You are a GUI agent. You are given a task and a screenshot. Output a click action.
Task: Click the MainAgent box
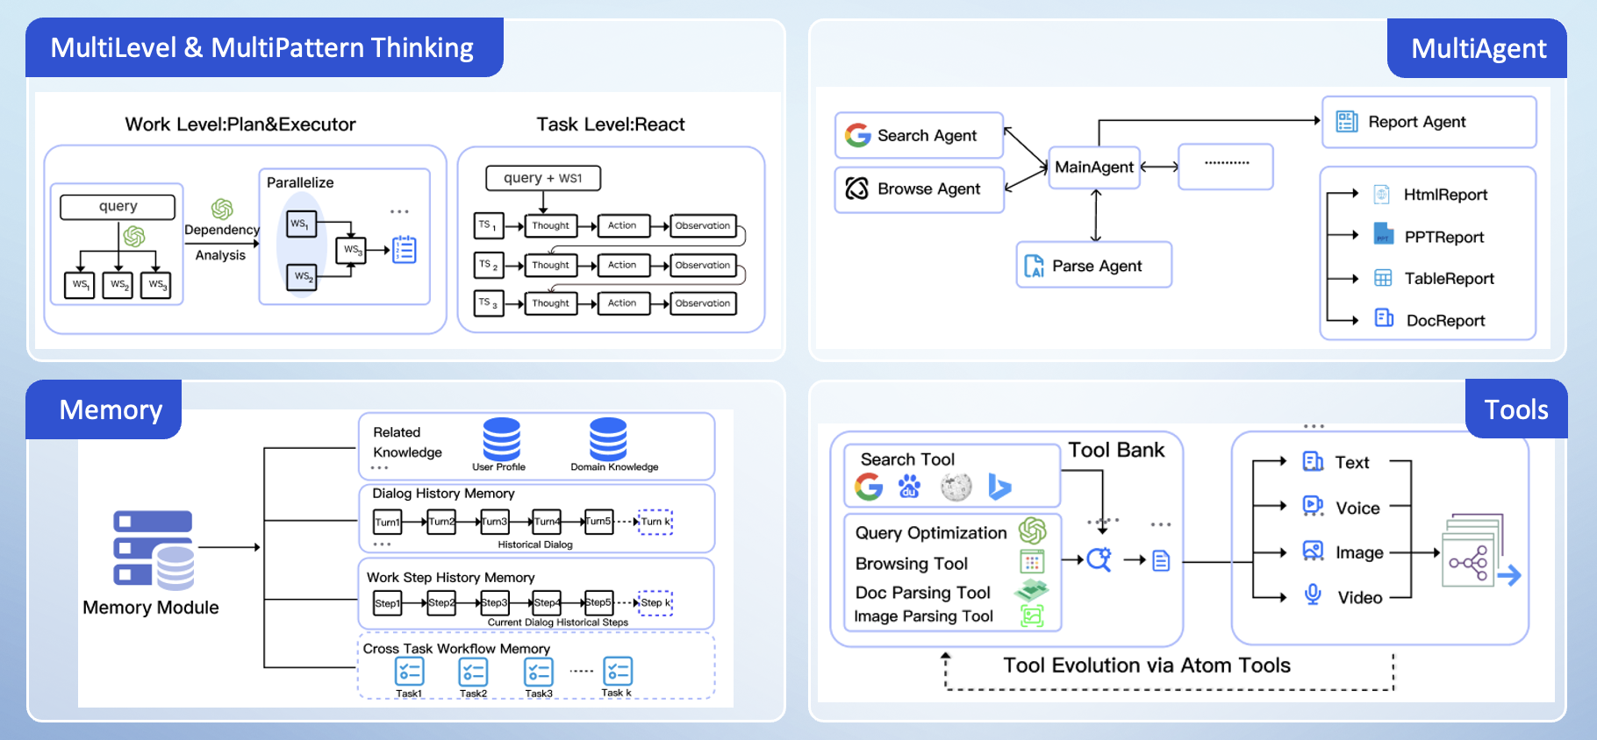pyautogui.click(x=1093, y=167)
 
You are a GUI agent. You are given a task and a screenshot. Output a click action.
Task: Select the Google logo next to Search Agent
pyautogui.click(x=857, y=135)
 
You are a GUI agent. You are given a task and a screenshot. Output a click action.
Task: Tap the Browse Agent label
pyautogui.click(x=928, y=189)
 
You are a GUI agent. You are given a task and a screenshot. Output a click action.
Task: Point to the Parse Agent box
pyautogui.click(x=1094, y=265)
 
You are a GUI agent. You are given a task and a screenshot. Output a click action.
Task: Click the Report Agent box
pyautogui.click(x=1428, y=122)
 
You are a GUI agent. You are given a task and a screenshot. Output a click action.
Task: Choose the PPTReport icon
pyautogui.click(x=1383, y=235)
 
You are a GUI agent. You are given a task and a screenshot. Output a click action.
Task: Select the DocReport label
pyautogui.click(x=1445, y=320)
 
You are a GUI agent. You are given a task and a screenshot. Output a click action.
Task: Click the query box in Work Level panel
pyautogui.click(x=118, y=206)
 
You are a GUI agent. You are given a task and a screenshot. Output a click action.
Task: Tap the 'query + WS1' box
pyautogui.click(x=543, y=178)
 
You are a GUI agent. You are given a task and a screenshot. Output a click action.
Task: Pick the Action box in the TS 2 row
pyautogui.click(x=623, y=265)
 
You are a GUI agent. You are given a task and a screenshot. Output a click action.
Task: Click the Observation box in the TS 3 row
pyautogui.click(x=703, y=303)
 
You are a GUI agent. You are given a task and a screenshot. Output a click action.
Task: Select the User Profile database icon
pyautogui.click(x=501, y=439)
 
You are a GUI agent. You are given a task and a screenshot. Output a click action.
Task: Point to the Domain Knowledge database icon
pyautogui.click(x=608, y=439)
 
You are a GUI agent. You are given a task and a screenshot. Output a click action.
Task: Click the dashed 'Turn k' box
pyautogui.click(x=655, y=522)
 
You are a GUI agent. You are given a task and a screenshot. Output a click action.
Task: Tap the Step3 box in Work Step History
pyautogui.click(x=494, y=602)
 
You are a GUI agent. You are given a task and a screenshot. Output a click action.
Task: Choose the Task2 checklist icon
pyautogui.click(x=473, y=672)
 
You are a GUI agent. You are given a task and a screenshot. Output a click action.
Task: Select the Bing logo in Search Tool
pyautogui.click(x=999, y=487)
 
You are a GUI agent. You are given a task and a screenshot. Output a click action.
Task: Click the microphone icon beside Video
pyautogui.click(x=1313, y=595)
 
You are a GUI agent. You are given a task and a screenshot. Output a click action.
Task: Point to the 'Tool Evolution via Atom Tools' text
pyautogui.click(x=1146, y=665)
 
